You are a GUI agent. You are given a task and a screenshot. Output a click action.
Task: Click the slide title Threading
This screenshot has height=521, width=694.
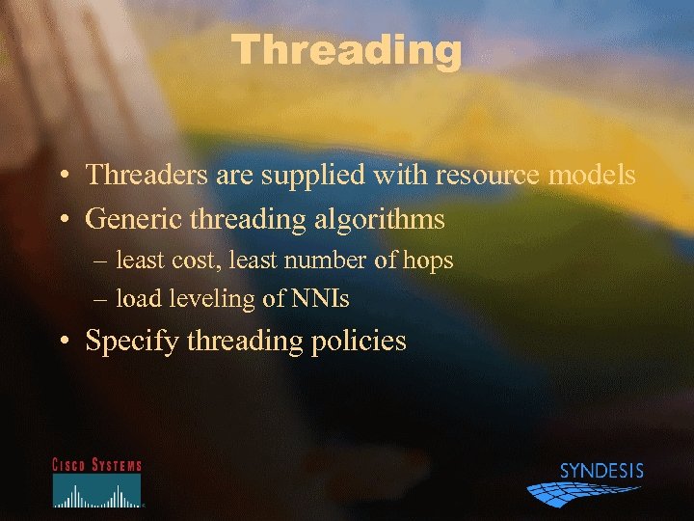347,50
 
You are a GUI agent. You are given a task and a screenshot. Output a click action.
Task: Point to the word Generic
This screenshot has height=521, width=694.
133,220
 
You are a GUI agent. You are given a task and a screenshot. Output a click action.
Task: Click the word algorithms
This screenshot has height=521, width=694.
386,220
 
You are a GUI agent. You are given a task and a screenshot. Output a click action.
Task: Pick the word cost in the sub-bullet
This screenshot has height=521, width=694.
195,260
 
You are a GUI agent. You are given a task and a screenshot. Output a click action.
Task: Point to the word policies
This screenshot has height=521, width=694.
360,342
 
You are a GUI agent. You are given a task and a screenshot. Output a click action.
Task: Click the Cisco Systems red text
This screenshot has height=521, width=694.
96,465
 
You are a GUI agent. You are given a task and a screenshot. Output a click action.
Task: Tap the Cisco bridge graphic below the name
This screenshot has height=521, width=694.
96,493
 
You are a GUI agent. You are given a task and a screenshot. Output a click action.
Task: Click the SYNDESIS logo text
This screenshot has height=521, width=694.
601,472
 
